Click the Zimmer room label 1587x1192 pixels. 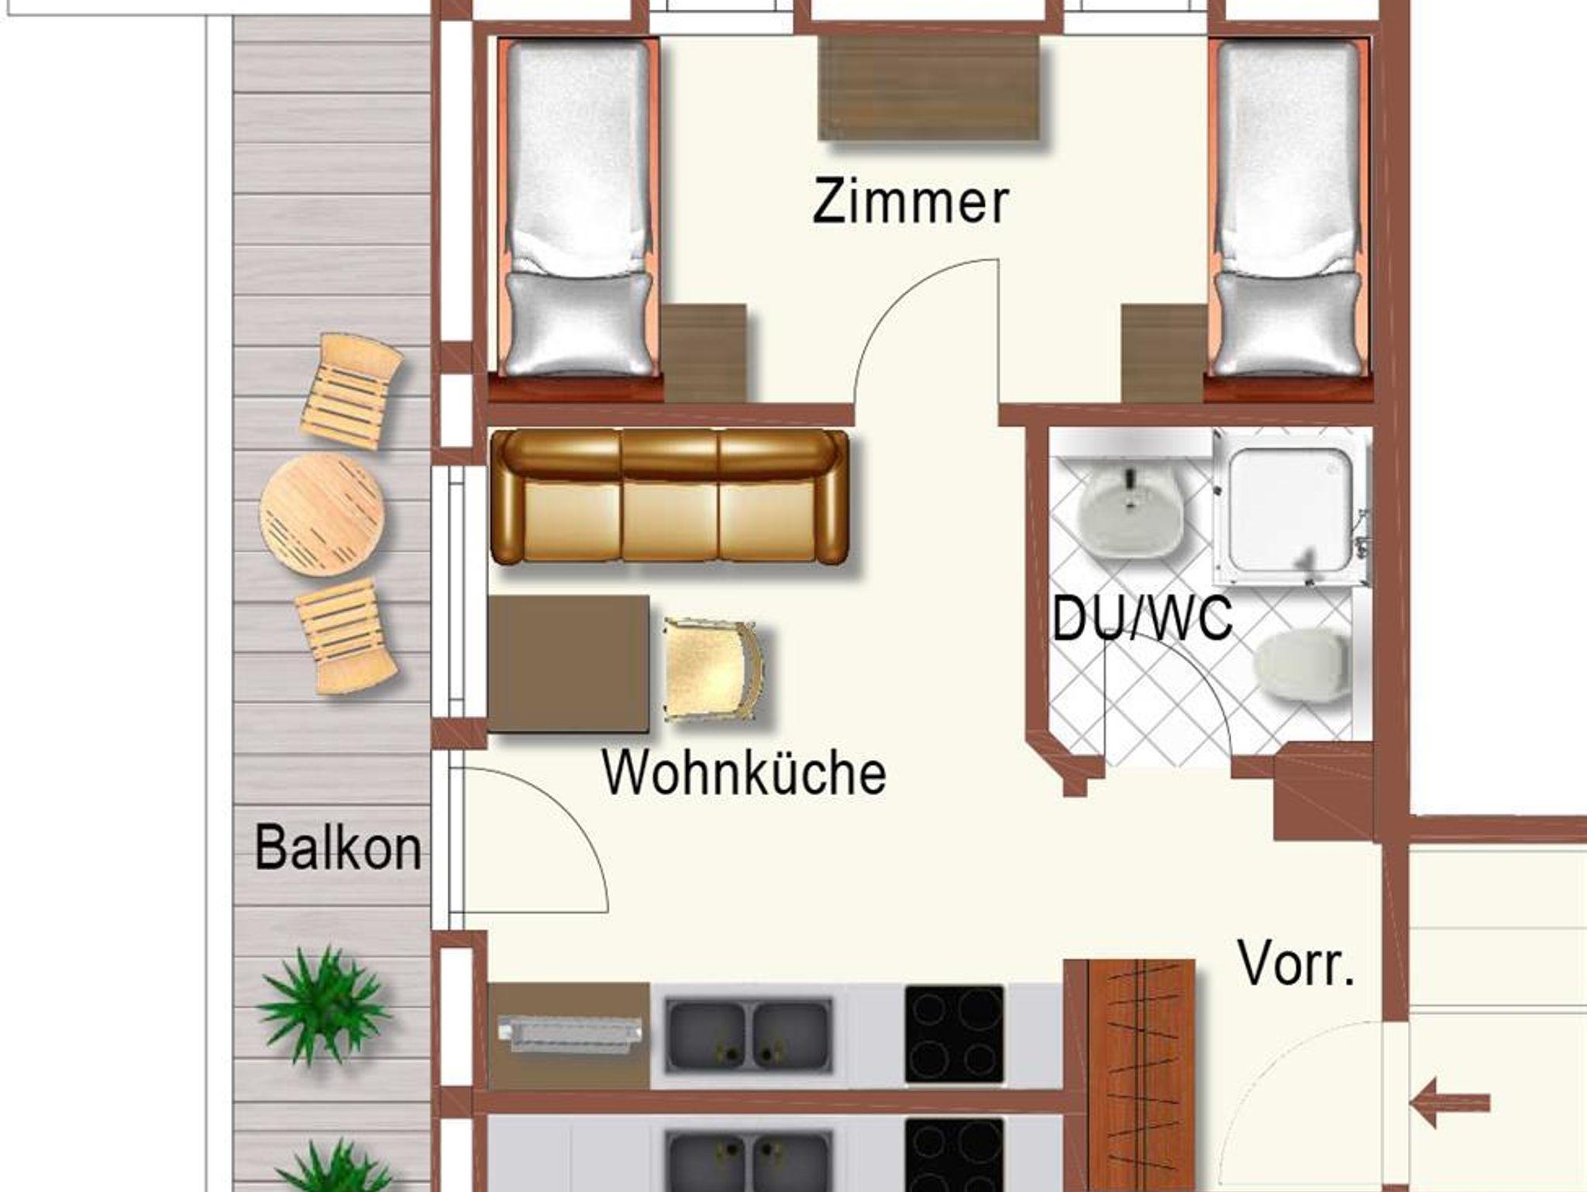pos(911,201)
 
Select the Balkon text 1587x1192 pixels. pos(339,848)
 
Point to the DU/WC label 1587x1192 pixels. pos(1142,618)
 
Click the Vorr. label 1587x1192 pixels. pos(1296,963)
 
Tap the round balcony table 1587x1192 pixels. pos(322,514)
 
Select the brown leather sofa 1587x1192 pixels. pos(671,496)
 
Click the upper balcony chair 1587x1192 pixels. pos(351,389)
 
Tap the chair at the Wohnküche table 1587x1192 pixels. pos(714,670)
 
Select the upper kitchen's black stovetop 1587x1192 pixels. pos(955,1035)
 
